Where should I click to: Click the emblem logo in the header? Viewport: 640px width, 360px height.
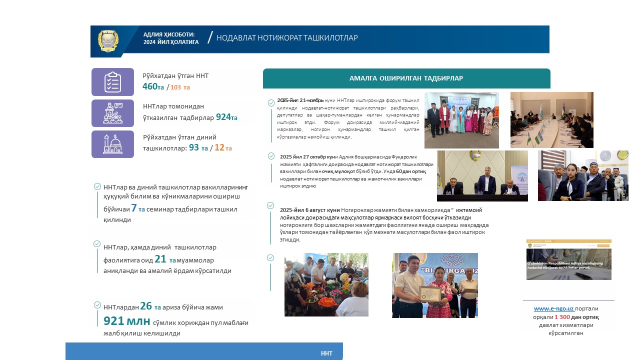click(x=108, y=41)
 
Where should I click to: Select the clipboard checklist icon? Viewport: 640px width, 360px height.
click(x=112, y=82)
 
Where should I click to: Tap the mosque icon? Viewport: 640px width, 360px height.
click(x=112, y=144)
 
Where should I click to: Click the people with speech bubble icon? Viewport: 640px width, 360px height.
click(x=112, y=113)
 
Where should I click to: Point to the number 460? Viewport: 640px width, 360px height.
click(x=149, y=86)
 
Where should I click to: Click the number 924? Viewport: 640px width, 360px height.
click(x=223, y=117)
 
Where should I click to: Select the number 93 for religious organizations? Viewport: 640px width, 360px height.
click(x=194, y=148)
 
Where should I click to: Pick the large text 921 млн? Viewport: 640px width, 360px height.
click(x=126, y=321)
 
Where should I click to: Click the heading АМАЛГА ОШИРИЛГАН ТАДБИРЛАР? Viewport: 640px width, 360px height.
click(x=406, y=78)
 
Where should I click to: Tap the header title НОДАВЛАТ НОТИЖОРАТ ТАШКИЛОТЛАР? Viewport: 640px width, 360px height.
click(x=287, y=38)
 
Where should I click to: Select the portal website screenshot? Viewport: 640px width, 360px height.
click(x=568, y=259)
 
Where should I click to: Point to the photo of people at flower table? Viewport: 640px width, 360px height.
click(x=326, y=284)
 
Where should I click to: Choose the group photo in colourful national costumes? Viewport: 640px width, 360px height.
click(x=461, y=120)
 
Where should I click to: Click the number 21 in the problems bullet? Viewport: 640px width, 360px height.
click(x=160, y=259)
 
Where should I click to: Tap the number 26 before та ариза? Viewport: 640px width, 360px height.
click(x=146, y=306)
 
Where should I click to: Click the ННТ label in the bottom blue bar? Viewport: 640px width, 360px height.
click(x=326, y=353)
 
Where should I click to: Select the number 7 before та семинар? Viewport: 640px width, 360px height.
click(x=133, y=208)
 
